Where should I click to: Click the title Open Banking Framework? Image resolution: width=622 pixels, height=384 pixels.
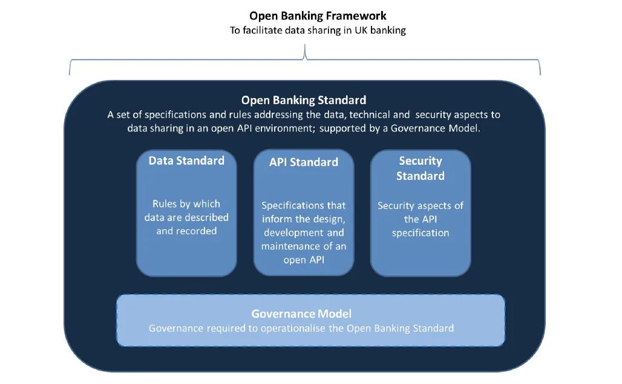[318, 16]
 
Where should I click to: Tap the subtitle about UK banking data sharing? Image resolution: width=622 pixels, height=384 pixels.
[318, 30]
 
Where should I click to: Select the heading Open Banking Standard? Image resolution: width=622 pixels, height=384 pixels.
[304, 100]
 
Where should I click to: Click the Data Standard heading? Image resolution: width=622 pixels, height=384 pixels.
[186, 161]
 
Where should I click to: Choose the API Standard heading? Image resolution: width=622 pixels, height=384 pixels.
[304, 162]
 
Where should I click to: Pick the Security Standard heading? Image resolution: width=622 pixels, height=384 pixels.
[421, 168]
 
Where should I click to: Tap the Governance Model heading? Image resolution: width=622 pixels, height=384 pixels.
[301, 314]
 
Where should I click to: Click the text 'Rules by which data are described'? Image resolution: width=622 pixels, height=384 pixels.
[186, 210]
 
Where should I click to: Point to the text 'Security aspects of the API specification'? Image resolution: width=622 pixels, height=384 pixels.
[421, 219]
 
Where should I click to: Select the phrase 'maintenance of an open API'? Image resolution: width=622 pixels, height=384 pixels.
[304, 253]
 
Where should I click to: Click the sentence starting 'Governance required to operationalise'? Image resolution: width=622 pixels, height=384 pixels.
[301, 328]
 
